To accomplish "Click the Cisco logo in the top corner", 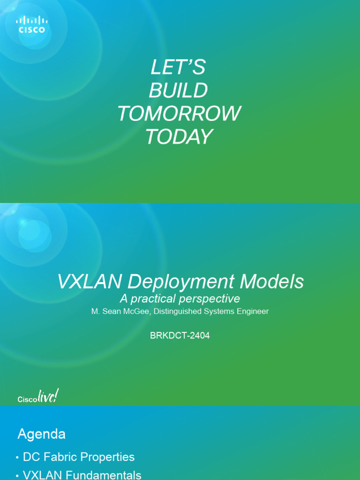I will pos(32,24).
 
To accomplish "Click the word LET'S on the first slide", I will pos(178,68).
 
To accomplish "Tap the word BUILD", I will pos(178,90).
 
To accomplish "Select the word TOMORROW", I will pos(179,113).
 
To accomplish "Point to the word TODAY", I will pos(179,136).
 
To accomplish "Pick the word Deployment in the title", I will pos(181,282).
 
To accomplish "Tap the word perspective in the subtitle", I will pos(213,299).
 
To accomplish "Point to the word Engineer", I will pos(252,311).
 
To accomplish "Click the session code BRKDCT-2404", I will pos(180,336).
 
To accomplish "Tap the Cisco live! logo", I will pos(38,397).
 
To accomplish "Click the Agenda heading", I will pos(41,434).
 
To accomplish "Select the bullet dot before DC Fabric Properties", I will pos(17,458).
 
